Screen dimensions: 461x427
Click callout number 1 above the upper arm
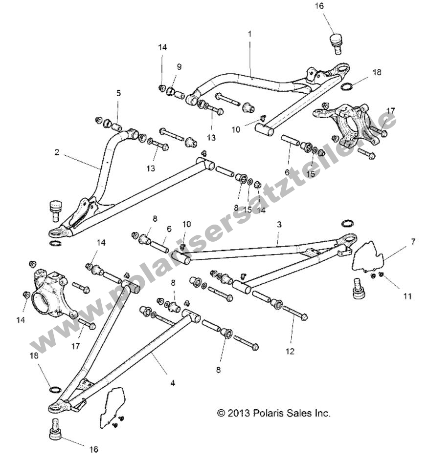(249, 34)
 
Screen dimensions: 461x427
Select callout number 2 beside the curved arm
(57, 152)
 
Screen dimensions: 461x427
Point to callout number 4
(172, 383)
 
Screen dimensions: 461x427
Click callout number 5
(118, 93)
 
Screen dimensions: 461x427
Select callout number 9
(179, 66)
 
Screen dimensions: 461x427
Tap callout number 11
(407, 296)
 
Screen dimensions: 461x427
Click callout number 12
(290, 351)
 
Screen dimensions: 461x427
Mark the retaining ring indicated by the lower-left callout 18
(55, 390)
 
